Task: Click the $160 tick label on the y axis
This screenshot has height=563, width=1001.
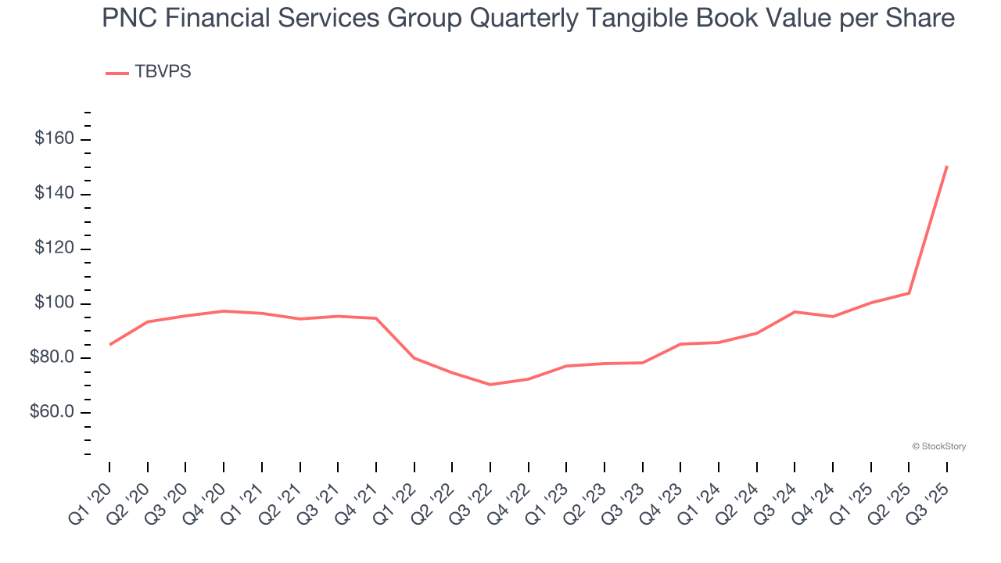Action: (x=54, y=139)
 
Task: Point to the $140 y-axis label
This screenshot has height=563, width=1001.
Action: (x=54, y=194)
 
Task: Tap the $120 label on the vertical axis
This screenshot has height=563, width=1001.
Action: (x=54, y=249)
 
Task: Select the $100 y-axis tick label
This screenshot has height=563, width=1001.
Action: (x=54, y=303)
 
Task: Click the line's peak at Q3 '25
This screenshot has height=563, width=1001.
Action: (x=946, y=167)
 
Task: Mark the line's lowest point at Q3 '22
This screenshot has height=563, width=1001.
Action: (x=490, y=385)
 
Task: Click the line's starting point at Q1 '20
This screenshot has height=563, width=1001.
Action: (x=109, y=344)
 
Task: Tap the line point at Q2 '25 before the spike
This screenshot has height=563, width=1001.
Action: (x=909, y=293)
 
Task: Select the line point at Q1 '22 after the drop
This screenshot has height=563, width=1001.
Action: (x=414, y=358)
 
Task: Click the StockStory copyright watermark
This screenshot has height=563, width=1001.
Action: (x=938, y=446)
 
